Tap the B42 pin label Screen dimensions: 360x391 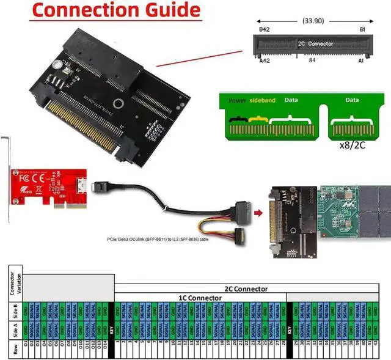(x=265, y=29)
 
